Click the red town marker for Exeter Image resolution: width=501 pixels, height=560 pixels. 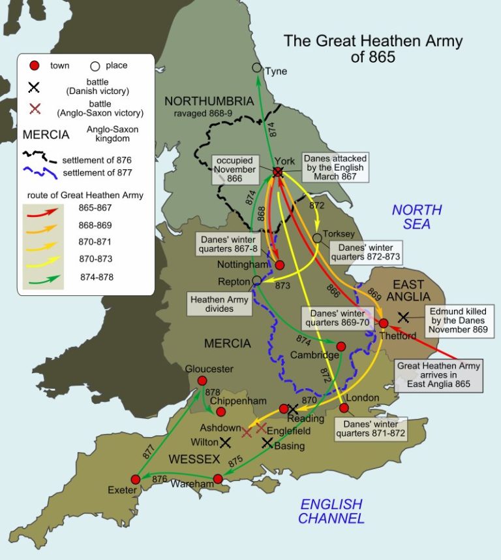(x=136, y=479)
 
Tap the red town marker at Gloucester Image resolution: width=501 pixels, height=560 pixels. (x=202, y=381)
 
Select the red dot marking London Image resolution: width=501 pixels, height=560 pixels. (x=344, y=408)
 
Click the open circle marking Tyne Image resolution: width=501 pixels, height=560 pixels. (x=257, y=68)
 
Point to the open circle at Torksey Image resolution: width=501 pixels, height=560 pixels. (x=317, y=239)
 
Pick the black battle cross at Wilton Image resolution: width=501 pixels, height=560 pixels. (x=225, y=442)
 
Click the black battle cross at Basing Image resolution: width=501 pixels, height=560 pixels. (x=267, y=442)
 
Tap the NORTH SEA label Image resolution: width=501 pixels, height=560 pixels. (x=416, y=217)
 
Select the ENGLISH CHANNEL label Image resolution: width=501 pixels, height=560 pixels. (x=331, y=511)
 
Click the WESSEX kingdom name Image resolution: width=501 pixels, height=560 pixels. (x=194, y=459)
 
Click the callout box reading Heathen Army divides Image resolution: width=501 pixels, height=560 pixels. (x=219, y=303)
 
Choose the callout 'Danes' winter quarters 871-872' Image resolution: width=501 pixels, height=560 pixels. (x=370, y=428)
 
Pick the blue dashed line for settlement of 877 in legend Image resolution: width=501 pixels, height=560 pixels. (x=40, y=173)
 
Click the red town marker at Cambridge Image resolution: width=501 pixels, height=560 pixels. (x=341, y=346)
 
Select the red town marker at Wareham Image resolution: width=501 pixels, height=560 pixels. (x=218, y=479)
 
